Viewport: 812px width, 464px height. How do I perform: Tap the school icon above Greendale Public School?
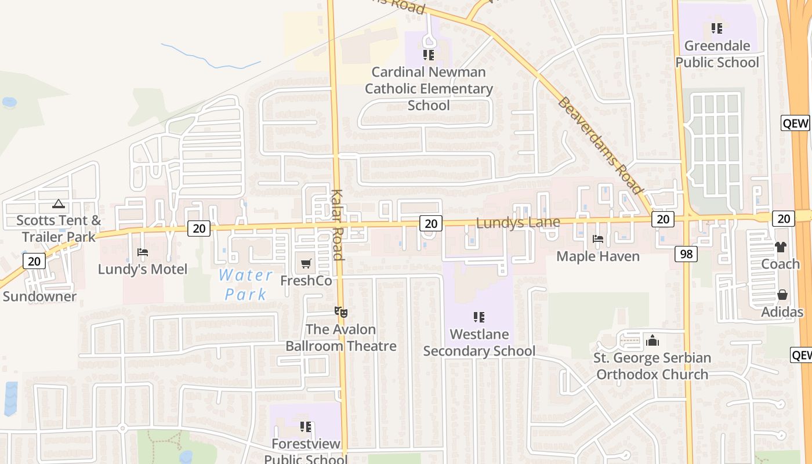point(717,28)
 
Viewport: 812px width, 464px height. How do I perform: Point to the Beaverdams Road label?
point(600,146)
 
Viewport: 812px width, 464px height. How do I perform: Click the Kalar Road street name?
point(338,224)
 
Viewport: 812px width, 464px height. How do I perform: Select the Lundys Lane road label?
point(518,223)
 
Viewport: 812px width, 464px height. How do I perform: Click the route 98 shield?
point(686,253)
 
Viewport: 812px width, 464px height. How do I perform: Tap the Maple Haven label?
point(598,256)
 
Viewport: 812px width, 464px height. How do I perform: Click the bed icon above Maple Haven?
point(598,239)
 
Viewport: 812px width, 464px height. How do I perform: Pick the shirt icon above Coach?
point(780,247)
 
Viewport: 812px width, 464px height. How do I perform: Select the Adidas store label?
point(782,312)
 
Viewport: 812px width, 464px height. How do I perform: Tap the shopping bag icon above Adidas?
point(782,295)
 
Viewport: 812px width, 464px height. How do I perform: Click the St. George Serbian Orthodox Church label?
point(652,366)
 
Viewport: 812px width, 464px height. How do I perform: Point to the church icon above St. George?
point(652,340)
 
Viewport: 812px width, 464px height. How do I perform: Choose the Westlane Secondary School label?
point(479,343)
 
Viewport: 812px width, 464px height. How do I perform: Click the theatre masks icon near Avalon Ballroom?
point(342,312)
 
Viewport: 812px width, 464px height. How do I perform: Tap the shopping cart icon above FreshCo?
point(306,264)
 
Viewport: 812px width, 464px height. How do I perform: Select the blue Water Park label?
point(246,284)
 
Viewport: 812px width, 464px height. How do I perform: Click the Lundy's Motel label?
point(143,269)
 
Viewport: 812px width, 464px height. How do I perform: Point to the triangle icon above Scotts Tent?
point(58,204)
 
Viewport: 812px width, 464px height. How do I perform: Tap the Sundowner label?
point(39,296)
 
